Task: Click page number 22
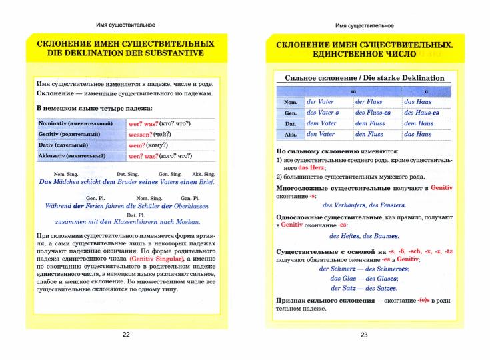(x=126, y=335)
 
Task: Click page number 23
(x=364, y=335)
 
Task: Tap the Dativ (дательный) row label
(x=69, y=145)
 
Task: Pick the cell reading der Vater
(x=321, y=102)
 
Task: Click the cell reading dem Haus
(x=419, y=123)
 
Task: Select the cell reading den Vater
(x=321, y=134)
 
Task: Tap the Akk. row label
(x=291, y=135)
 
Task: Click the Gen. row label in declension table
(x=291, y=113)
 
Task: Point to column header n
(x=426, y=91)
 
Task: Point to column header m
(x=353, y=91)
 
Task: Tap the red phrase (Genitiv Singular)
(x=156, y=258)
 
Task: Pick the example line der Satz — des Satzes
(x=364, y=288)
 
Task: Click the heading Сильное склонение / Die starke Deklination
(x=364, y=78)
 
